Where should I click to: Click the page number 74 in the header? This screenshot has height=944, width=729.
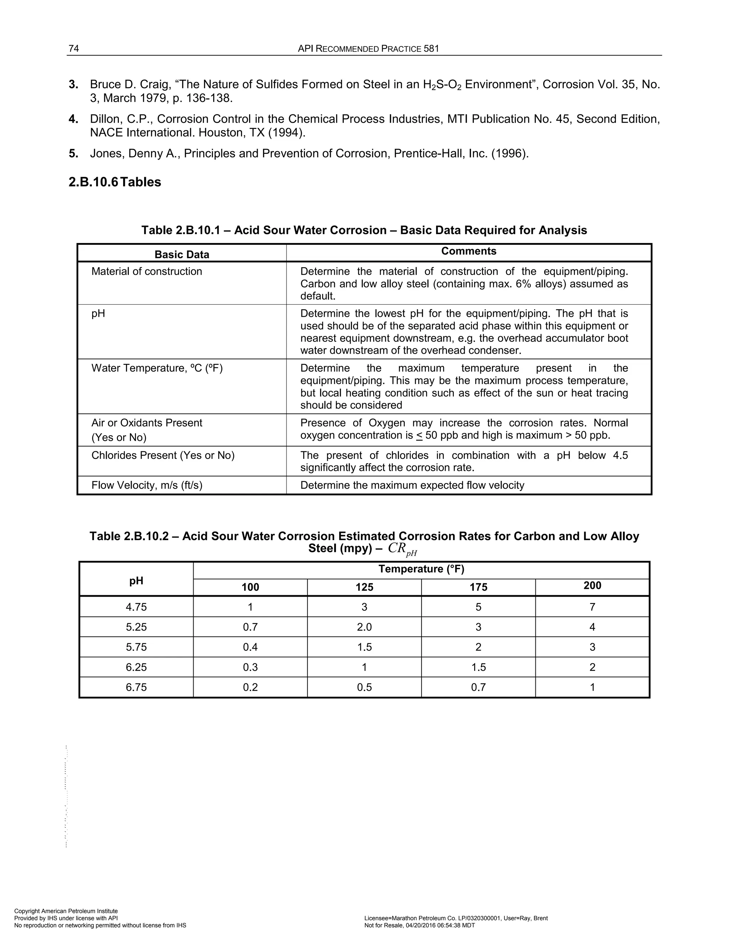click(x=74, y=48)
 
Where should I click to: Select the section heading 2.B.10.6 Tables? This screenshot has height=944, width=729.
click(x=115, y=182)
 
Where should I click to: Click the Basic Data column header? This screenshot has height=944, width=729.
click(x=182, y=254)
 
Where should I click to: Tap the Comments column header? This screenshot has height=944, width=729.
click(x=468, y=251)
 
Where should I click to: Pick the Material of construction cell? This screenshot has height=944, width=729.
click(x=147, y=271)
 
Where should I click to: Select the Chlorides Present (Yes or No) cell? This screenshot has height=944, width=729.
click(x=163, y=455)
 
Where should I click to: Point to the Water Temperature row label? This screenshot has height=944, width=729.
click(x=157, y=368)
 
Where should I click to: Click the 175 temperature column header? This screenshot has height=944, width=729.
click(x=478, y=587)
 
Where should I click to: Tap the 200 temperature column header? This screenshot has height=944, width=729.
click(x=592, y=585)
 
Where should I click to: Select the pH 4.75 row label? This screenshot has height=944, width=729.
click(x=136, y=607)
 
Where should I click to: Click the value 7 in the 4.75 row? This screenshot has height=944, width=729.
click(x=592, y=607)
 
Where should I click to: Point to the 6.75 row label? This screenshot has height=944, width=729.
click(x=136, y=687)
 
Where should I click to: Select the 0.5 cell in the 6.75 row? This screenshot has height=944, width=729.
click(x=364, y=687)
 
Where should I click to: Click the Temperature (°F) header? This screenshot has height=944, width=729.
click(x=421, y=569)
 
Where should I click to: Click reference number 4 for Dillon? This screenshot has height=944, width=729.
click(x=73, y=119)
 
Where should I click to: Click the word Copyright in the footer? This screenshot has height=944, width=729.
click(x=27, y=911)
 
